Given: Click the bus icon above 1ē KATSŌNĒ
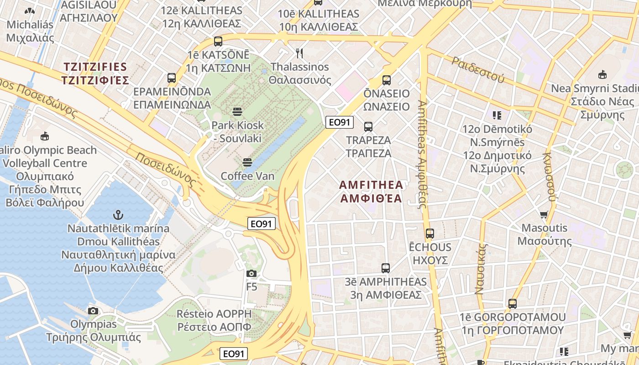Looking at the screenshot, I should tap(218, 42).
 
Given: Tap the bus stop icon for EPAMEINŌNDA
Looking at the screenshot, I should tap(172, 78).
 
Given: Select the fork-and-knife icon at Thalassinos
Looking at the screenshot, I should tap(299, 53).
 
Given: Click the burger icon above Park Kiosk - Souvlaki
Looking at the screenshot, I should tap(237, 112).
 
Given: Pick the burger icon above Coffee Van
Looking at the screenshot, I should tap(247, 162).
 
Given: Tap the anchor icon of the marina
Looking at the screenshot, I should tap(118, 214).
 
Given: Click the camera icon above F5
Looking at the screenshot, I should tap(251, 273).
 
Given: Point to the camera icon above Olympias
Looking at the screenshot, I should tap(93, 311).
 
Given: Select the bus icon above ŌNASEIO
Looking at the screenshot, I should tap(387, 80).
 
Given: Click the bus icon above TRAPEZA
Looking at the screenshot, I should tap(368, 127).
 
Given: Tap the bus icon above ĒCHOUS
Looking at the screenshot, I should tap(429, 234).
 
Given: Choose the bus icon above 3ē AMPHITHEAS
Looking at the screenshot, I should tap(386, 268).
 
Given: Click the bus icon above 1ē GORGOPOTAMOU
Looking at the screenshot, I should tap(513, 304).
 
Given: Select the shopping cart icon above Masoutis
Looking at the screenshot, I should tap(544, 214).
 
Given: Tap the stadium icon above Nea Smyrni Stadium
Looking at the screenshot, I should tap(602, 74).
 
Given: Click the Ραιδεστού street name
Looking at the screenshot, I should tap(478, 69).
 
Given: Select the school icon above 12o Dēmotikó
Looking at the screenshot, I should tap(497, 115).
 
